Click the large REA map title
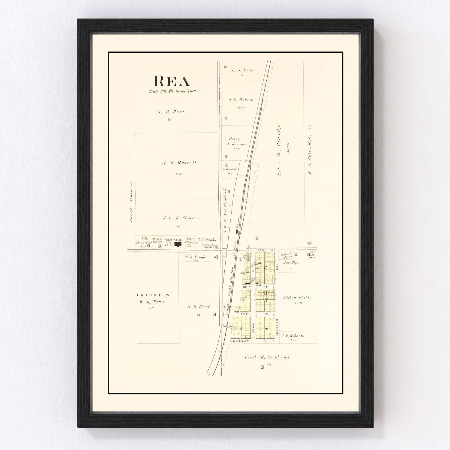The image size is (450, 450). (x=172, y=81)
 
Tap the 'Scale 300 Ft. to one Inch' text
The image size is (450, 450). (x=172, y=91)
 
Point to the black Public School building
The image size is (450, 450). (x=178, y=244)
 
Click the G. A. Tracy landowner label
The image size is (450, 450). (x=243, y=70)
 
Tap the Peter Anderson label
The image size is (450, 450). (x=235, y=141)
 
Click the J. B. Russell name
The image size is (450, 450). (x=179, y=163)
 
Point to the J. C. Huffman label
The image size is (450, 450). (x=181, y=218)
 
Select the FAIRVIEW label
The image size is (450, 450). (x=153, y=295)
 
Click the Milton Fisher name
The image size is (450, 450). (x=298, y=298)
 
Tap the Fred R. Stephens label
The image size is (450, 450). (x=267, y=357)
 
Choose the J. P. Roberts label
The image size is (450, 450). (x=293, y=336)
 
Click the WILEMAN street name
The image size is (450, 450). (x=241, y=341)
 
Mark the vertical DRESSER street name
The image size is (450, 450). (x=277, y=327)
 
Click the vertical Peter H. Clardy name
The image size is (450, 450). (x=279, y=150)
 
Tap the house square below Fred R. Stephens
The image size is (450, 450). (x=262, y=367)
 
